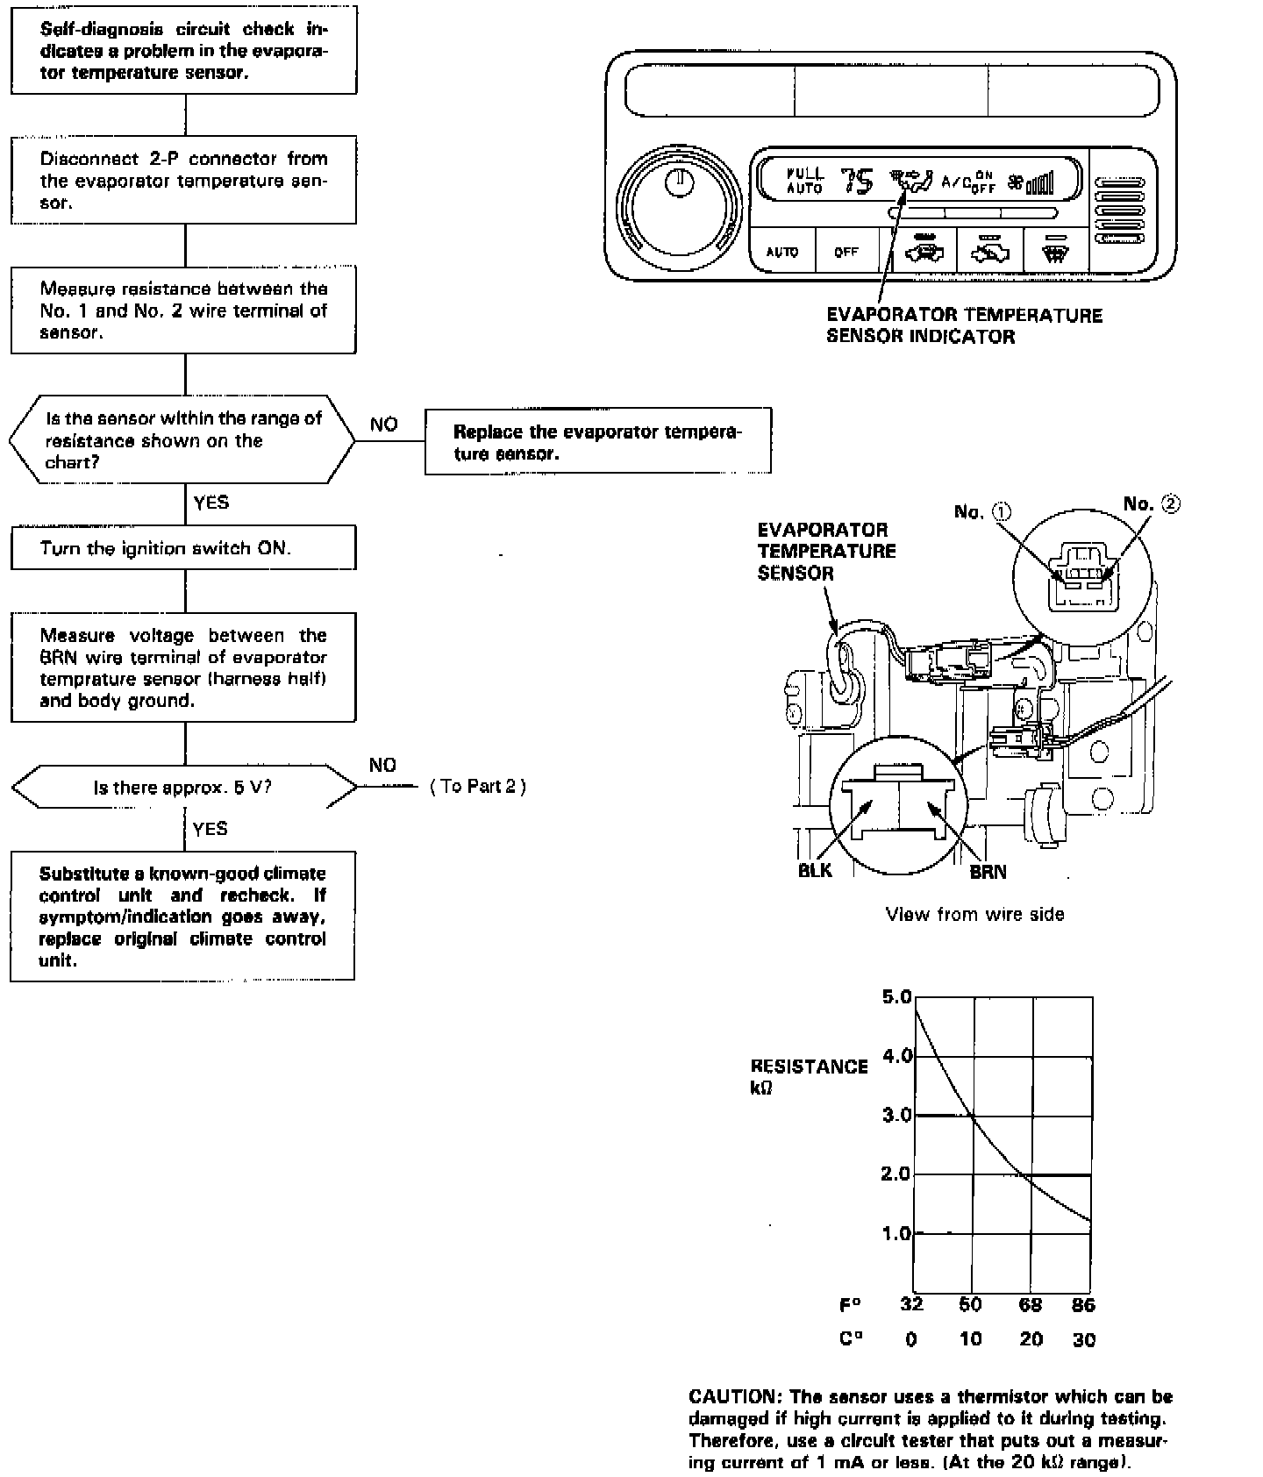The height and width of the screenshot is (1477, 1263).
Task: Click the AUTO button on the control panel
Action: tap(781, 252)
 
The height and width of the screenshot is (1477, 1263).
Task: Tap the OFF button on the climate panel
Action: tap(846, 252)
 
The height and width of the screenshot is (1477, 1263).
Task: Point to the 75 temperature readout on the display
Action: tap(858, 182)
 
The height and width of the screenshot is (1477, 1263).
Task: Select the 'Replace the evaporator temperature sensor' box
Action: tap(597, 442)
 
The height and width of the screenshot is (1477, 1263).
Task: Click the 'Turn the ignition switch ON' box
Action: tap(183, 548)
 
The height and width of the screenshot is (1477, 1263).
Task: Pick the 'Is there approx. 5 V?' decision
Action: tap(183, 787)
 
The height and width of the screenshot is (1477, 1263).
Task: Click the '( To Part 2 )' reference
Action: tap(478, 786)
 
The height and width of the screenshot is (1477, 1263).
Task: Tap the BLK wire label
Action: tap(815, 871)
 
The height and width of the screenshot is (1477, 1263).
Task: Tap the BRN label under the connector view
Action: tap(988, 872)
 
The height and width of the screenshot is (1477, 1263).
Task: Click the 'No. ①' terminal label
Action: tap(982, 511)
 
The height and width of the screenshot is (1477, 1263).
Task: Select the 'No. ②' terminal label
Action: tap(1152, 503)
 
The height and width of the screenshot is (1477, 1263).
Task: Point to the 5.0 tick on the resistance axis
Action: tap(896, 996)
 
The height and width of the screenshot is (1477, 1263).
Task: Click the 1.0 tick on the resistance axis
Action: tap(896, 1233)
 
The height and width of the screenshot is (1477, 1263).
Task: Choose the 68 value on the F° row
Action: tap(1030, 1304)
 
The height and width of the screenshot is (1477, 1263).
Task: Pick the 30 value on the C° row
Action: tap(1084, 1340)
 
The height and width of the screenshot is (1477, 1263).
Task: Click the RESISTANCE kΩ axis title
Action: tap(808, 1076)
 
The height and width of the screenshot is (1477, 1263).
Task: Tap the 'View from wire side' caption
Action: tap(974, 914)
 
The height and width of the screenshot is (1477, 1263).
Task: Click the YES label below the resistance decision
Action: tap(210, 502)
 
